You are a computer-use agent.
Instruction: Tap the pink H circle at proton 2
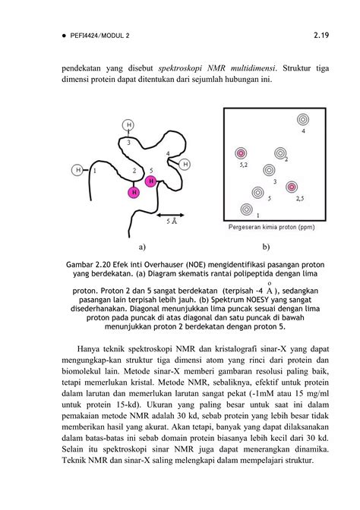click(134, 192)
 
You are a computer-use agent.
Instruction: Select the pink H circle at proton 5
click(151, 181)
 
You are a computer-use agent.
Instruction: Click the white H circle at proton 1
click(77, 170)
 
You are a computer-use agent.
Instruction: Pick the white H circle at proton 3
click(128, 124)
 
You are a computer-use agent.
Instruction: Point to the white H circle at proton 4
click(185, 163)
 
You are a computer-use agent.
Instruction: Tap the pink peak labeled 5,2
click(242, 153)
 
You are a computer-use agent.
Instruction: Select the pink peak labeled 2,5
click(291, 186)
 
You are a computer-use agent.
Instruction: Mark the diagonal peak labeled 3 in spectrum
click(268, 171)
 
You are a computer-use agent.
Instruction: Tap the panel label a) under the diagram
click(142, 247)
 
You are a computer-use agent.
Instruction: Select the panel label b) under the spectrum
click(267, 247)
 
